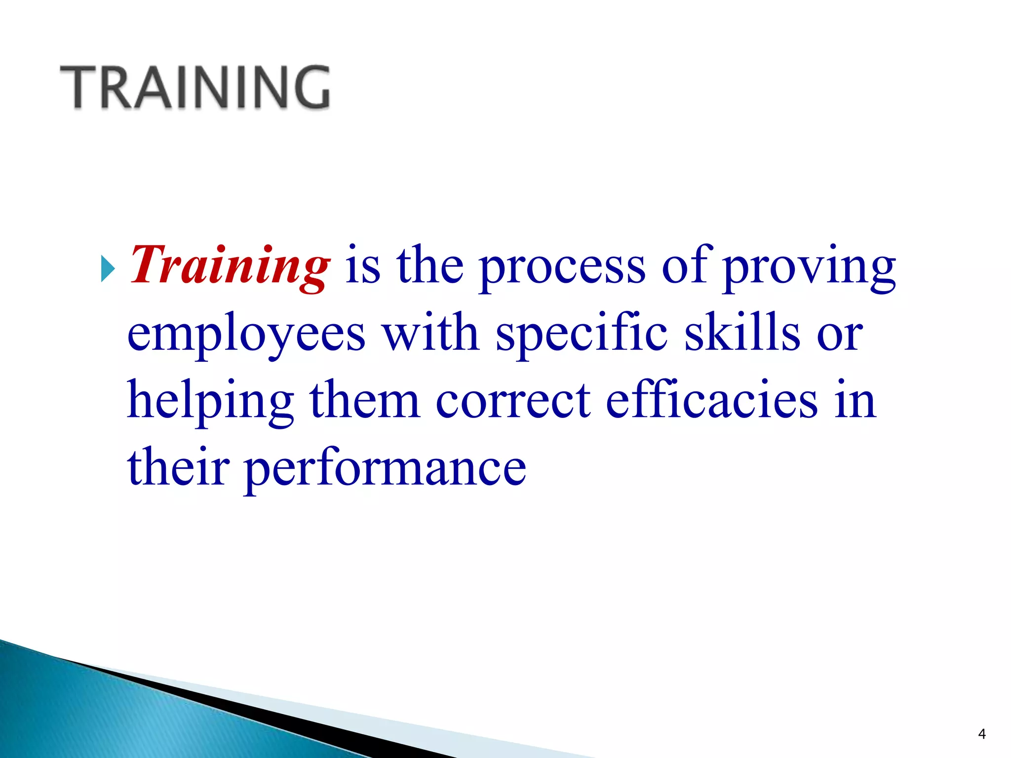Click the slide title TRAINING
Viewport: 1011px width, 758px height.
click(x=195, y=87)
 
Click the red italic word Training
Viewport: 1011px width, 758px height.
click(x=230, y=266)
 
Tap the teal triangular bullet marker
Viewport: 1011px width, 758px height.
click(x=108, y=269)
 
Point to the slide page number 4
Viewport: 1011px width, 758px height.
click(x=981, y=734)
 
